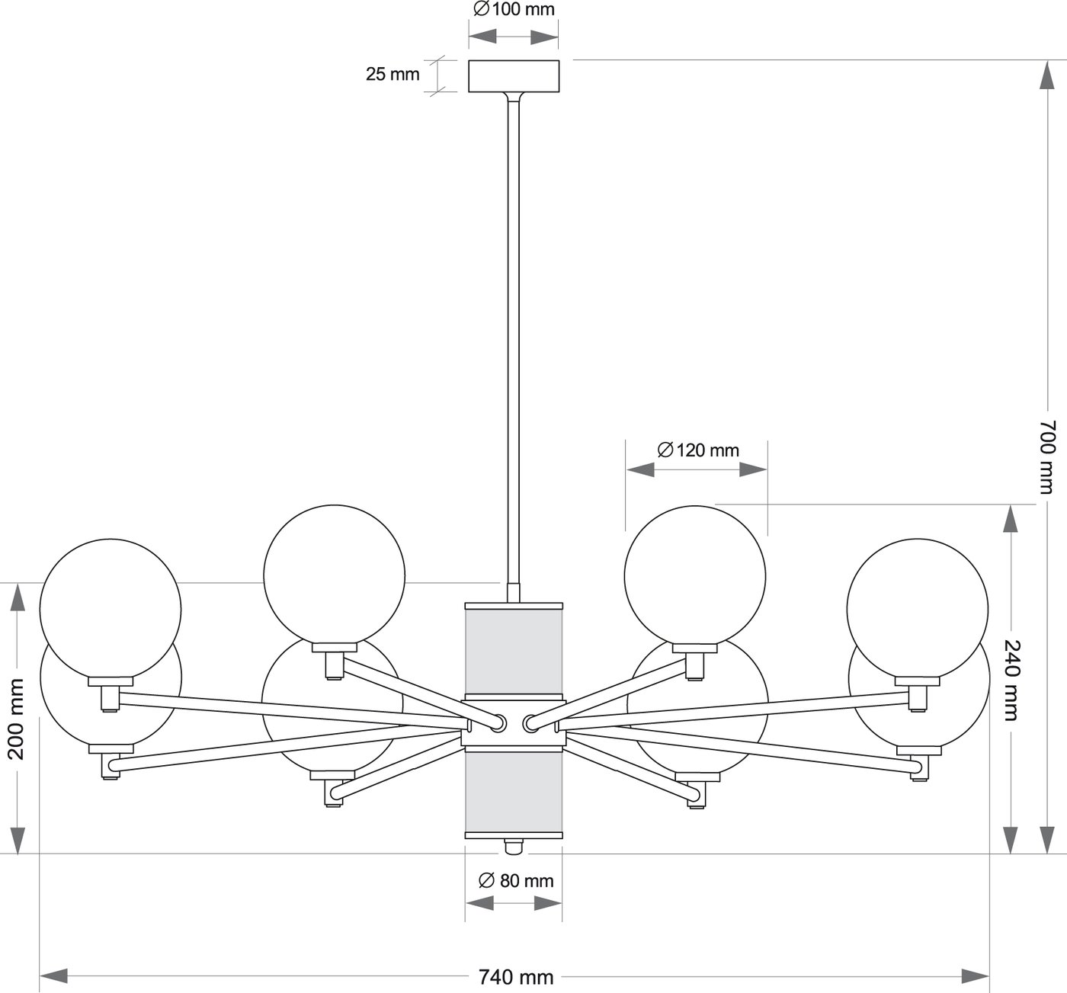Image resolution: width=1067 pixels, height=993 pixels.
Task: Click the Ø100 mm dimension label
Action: (x=513, y=10)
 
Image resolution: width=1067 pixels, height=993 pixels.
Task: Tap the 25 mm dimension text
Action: (x=393, y=75)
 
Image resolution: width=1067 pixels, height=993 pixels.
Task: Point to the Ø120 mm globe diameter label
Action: (x=698, y=450)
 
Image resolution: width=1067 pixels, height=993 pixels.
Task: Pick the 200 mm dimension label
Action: (x=16, y=719)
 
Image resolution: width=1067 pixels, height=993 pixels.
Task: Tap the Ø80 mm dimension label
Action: (x=516, y=880)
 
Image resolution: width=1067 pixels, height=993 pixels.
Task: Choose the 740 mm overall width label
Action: (x=516, y=976)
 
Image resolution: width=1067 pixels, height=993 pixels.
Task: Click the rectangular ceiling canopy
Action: (x=513, y=76)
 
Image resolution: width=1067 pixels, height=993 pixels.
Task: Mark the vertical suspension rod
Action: (x=513, y=343)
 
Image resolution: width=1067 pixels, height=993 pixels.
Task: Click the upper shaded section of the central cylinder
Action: (x=513, y=652)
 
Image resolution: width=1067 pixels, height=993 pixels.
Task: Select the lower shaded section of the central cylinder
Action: (x=513, y=793)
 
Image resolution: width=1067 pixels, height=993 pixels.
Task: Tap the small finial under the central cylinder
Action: (x=514, y=846)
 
